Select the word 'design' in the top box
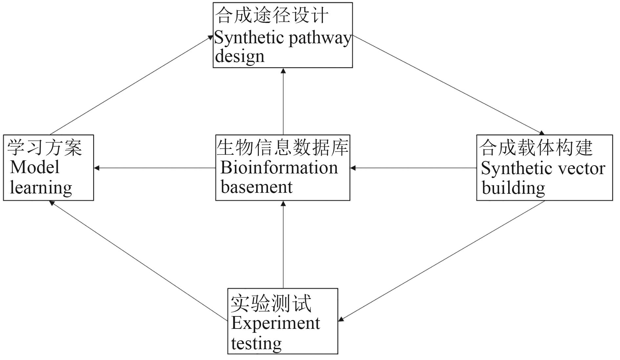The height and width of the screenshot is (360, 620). point(239,56)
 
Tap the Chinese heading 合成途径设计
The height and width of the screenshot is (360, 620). point(272,15)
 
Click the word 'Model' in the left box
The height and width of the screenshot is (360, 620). point(35,167)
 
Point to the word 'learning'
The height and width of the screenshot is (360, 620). point(41,188)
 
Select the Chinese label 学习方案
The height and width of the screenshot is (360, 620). point(45,148)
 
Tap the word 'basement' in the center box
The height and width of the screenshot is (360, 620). point(257,187)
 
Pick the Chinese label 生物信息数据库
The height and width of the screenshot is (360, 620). point(282,147)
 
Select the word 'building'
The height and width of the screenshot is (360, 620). point(513,188)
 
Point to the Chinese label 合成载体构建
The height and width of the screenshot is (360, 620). point(536,148)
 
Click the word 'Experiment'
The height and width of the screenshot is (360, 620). point(276,323)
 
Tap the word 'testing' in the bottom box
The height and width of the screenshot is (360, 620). point(256,343)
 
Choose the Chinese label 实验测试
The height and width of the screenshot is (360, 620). point(271,304)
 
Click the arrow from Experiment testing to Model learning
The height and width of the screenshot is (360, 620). point(138,261)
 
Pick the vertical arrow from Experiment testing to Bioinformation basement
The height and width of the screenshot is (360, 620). point(283,244)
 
